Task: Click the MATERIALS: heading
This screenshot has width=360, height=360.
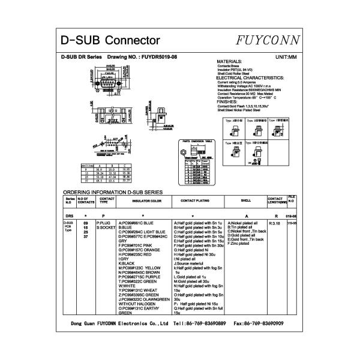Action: (229, 62)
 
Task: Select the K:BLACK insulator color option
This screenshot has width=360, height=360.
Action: (127, 263)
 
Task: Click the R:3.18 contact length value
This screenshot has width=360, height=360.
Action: (275, 223)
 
